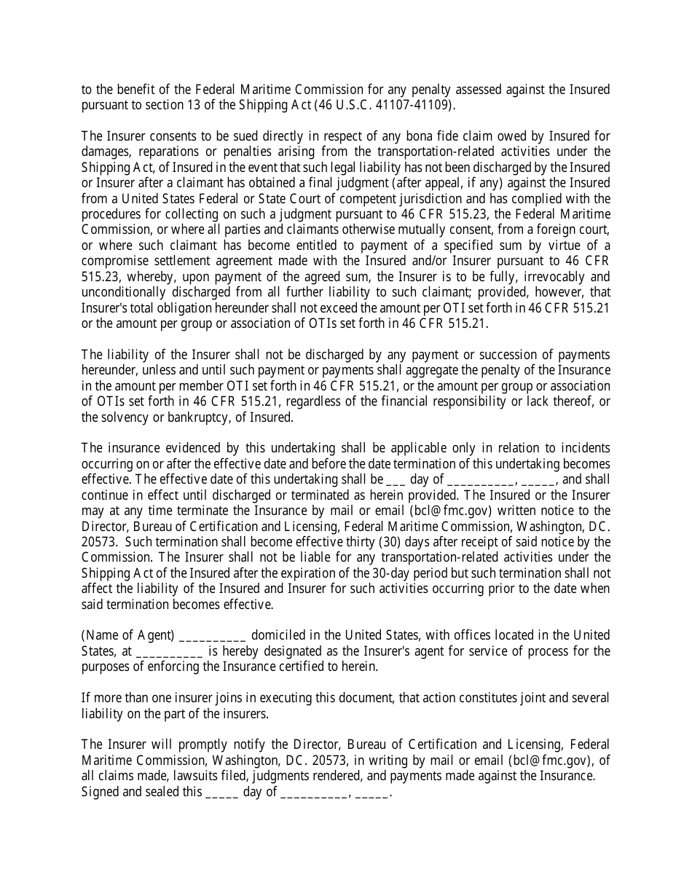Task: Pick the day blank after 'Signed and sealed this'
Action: pos(221,793)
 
